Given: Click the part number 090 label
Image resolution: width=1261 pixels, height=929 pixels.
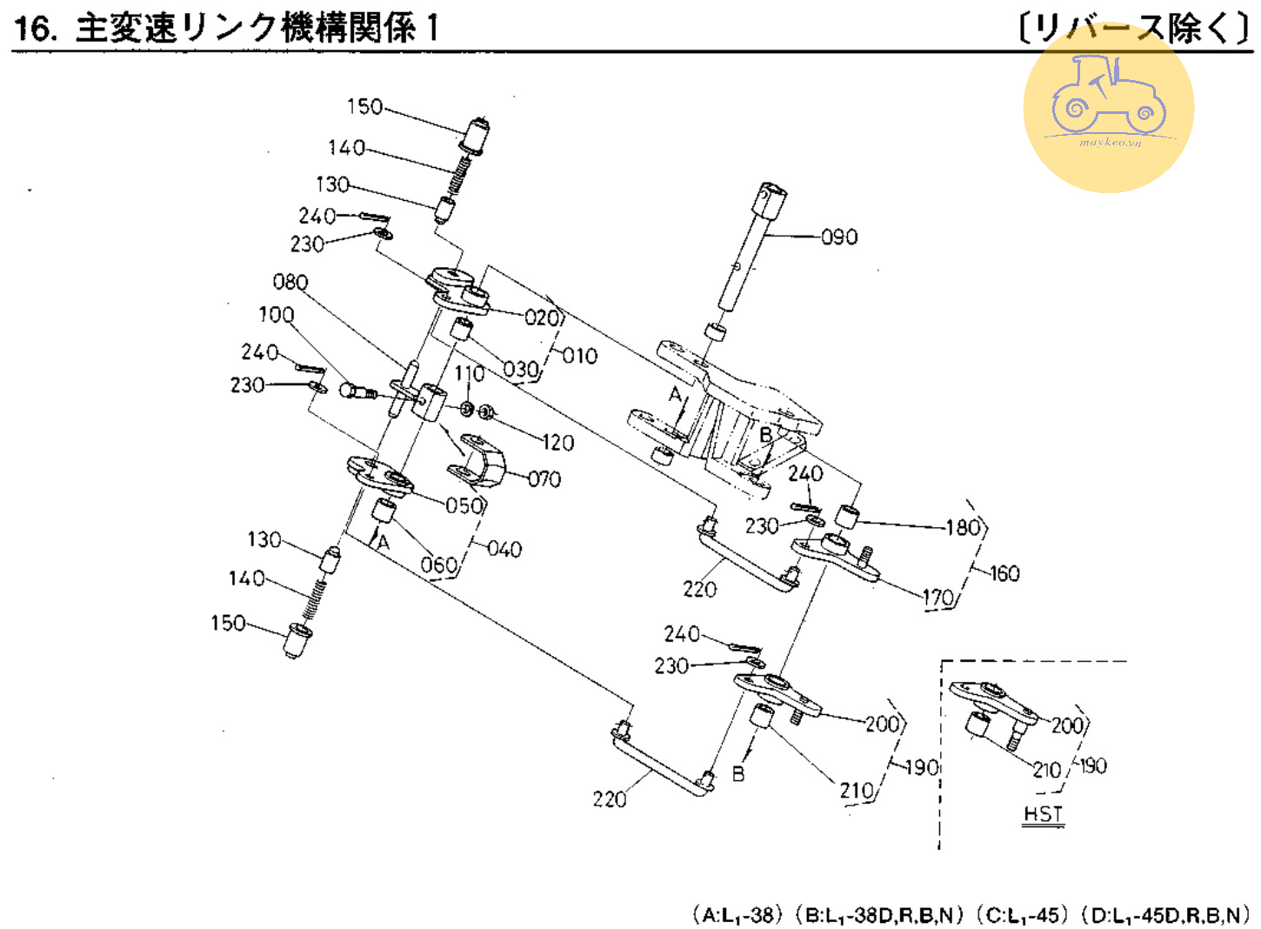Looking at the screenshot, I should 839,237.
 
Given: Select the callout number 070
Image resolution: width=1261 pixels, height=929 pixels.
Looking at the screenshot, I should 544,478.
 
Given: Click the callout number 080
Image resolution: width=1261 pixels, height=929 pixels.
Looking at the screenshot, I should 290,282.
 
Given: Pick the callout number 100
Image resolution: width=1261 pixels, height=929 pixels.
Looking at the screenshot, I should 276,314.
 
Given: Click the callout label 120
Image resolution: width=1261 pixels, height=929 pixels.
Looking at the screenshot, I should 557,443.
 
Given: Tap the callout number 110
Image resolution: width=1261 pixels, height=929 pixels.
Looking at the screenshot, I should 470,373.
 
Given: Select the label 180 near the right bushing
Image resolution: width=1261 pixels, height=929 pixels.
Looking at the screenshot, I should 963,526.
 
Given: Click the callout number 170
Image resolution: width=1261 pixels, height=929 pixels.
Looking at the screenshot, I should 938,598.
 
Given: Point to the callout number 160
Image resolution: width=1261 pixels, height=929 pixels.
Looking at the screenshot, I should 1004,573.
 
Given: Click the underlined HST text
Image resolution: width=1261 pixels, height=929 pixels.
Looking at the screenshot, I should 1043,814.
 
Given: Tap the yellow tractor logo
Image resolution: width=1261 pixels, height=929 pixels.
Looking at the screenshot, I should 1108,107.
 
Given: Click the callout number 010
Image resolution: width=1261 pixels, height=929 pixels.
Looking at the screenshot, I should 579,355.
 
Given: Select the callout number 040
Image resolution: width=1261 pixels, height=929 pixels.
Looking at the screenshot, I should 504,549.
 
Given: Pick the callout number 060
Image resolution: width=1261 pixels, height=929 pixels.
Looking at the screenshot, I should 438,565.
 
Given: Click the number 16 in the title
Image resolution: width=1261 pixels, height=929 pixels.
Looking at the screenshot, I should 33,29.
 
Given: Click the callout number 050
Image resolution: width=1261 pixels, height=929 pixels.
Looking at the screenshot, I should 464,505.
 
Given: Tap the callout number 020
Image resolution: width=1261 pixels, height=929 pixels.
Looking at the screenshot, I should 542,317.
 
